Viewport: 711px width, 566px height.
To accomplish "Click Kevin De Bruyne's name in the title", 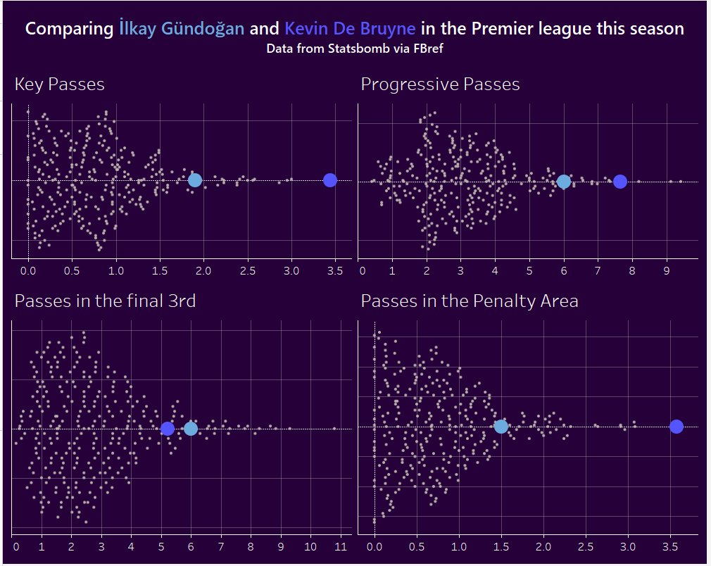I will [x=350, y=29].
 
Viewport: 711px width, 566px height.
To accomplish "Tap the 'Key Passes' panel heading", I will [x=60, y=84].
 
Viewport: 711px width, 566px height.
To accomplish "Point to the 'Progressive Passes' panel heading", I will [x=440, y=84].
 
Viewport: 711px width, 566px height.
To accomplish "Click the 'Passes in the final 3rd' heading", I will [x=105, y=301].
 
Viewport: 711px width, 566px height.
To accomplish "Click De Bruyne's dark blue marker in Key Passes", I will [x=329, y=180].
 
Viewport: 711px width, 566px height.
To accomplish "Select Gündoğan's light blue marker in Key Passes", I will [x=195, y=180].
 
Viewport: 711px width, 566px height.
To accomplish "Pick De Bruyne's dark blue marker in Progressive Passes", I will [x=619, y=182].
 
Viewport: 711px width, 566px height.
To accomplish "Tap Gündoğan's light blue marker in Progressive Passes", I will [x=563, y=182].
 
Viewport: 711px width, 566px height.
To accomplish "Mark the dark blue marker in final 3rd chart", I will [x=168, y=428].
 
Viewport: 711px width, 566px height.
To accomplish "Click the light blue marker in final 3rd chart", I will [x=191, y=428].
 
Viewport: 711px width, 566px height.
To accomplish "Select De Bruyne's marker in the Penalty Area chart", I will [x=677, y=426].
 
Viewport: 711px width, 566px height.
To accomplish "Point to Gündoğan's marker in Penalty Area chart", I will [x=501, y=426].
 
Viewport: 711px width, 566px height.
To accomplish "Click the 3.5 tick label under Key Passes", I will [x=335, y=270].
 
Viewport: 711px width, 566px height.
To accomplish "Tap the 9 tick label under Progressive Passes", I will [x=665, y=270].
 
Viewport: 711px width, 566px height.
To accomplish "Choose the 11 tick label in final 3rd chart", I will [x=341, y=546].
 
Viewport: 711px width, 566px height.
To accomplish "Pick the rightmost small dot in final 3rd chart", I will [x=334, y=428].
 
